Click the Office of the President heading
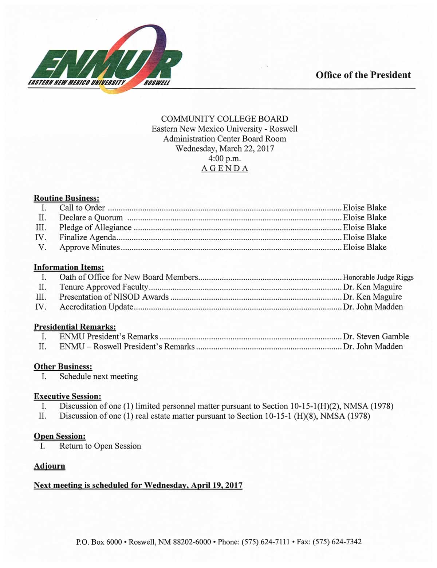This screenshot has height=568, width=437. pyautogui.click(x=363, y=75)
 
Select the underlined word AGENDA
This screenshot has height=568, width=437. pyautogui.click(x=225, y=169)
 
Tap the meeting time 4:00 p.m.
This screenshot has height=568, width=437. pyautogui.click(x=225, y=158)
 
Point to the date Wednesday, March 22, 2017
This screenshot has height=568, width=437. pyautogui.click(x=225, y=149)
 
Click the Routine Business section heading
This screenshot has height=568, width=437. pyautogui.click(x=67, y=198)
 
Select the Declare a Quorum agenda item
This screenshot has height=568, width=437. pyautogui.click(x=91, y=218)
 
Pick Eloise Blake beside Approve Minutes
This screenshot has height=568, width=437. pyautogui.click(x=365, y=247)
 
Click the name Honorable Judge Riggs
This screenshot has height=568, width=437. pyautogui.click(x=378, y=277)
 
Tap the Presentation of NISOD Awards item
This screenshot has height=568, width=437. pyautogui.click(x=114, y=297)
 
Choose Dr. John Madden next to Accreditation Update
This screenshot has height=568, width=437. pyautogui.click(x=373, y=307)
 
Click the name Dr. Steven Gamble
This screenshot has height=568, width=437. pyautogui.click(x=376, y=337)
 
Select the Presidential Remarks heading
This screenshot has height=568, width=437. pyautogui.click(x=75, y=327)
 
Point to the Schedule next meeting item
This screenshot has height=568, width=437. pyautogui.click(x=99, y=376)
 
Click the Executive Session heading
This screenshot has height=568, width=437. pyautogui.click(x=67, y=397)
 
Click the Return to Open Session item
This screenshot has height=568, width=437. pyautogui.click(x=100, y=446)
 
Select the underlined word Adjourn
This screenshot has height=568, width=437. pyautogui.click(x=50, y=466)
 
